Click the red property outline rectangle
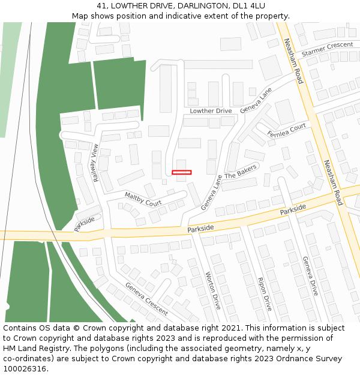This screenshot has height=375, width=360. (x=181, y=172)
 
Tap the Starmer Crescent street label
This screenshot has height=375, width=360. (x=327, y=49)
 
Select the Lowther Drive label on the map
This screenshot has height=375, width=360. (x=211, y=111)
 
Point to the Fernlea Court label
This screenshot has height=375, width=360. (x=287, y=130)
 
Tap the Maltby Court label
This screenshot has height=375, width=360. (x=143, y=199)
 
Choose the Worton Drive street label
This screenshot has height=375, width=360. (x=213, y=291)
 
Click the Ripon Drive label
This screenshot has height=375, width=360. (x=265, y=294)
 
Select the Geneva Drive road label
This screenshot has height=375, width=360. (x=310, y=276)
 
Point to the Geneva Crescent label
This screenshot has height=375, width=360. (x=146, y=298)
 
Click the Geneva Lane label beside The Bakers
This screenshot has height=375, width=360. (x=211, y=192)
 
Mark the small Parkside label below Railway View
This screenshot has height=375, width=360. (x=85, y=224)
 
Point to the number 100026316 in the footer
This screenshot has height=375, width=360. (x=25, y=369)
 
